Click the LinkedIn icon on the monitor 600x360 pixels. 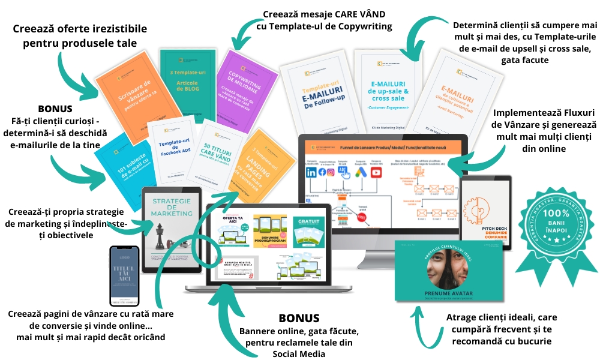point(311,172)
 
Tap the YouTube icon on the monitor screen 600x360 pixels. point(376,172)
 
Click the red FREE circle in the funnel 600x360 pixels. point(361,218)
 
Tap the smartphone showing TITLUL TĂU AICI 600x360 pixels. point(125,278)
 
